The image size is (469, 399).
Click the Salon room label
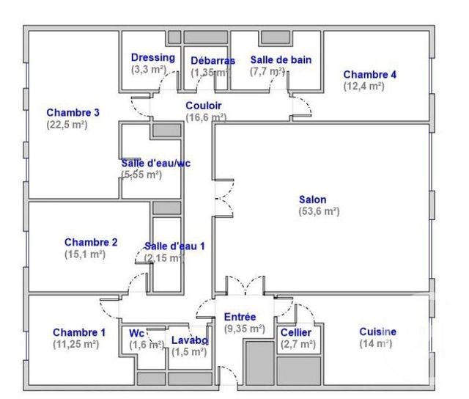(313, 199)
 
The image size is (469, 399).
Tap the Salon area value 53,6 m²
(318, 211)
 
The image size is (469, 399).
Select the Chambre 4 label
(370, 74)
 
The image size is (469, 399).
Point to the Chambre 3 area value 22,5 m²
(67, 125)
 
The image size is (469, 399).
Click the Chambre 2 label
(91, 242)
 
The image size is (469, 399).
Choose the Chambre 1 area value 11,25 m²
(75, 343)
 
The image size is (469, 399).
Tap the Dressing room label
(152, 57)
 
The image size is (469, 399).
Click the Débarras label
(213, 60)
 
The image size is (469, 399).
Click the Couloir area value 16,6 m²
(206, 117)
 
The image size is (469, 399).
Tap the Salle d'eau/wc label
(155, 163)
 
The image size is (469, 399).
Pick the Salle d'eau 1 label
(174, 246)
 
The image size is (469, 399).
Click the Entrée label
(240, 317)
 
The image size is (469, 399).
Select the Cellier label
(296, 332)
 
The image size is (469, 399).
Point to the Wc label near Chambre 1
(137, 332)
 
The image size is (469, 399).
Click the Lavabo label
(190, 340)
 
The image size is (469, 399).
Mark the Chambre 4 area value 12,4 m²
(364, 86)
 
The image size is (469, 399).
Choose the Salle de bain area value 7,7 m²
(267, 71)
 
